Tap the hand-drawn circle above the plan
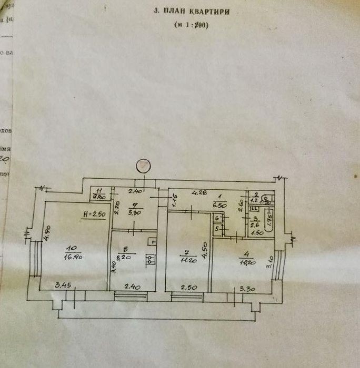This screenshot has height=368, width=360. pyautogui.click(x=143, y=166)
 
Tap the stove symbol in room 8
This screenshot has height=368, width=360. pyautogui.click(x=151, y=259)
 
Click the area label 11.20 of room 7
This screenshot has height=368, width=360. pyautogui.click(x=185, y=259)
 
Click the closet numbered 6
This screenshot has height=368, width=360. pyautogui.click(x=217, y=219)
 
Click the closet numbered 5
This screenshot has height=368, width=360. pyautogui.click(x=217, y=230)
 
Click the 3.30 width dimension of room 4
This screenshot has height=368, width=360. pyautogui.click(x=247, y=288)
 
